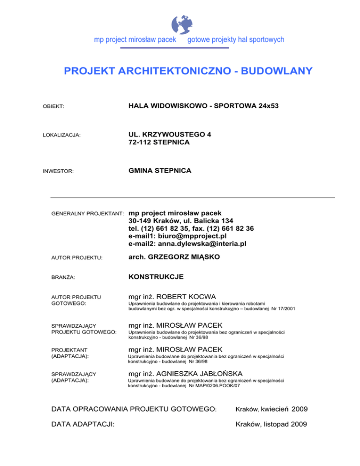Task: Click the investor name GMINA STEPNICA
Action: coord(159,171)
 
